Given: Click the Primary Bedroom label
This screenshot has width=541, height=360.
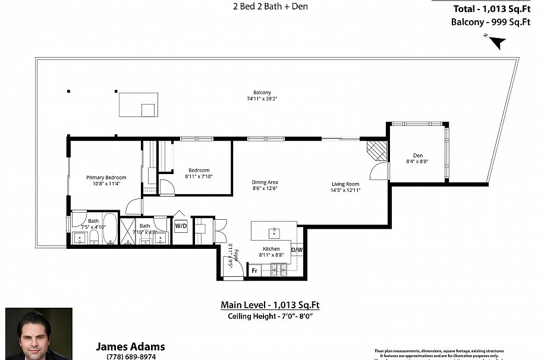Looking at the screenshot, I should [106, 178].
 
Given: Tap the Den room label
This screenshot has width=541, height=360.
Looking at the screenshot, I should [418, 156].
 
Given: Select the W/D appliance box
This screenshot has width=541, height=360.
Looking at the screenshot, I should [181, 226].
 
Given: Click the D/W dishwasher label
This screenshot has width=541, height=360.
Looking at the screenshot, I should [296, 250].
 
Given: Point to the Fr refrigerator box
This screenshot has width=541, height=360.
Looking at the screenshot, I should [254, 270].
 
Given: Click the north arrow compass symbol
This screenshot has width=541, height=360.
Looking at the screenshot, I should [496, 42].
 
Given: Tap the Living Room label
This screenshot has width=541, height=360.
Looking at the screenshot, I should [345, 184].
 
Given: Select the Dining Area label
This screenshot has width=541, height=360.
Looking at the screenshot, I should [265, 182].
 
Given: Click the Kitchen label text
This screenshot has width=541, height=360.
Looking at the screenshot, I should [271, 249].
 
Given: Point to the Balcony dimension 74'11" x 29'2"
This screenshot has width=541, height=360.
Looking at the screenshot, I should [262, 100].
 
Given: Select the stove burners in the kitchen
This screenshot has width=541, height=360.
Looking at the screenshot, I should [279, 270].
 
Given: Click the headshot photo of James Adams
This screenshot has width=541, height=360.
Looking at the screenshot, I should [39, 333].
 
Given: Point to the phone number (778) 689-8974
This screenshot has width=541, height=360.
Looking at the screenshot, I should [130, 356].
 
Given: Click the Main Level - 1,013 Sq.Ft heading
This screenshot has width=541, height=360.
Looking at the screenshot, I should [270, 305].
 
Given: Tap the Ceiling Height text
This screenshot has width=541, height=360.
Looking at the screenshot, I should [270, 316].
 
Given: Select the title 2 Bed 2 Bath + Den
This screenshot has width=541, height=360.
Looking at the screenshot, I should [270, 7].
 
